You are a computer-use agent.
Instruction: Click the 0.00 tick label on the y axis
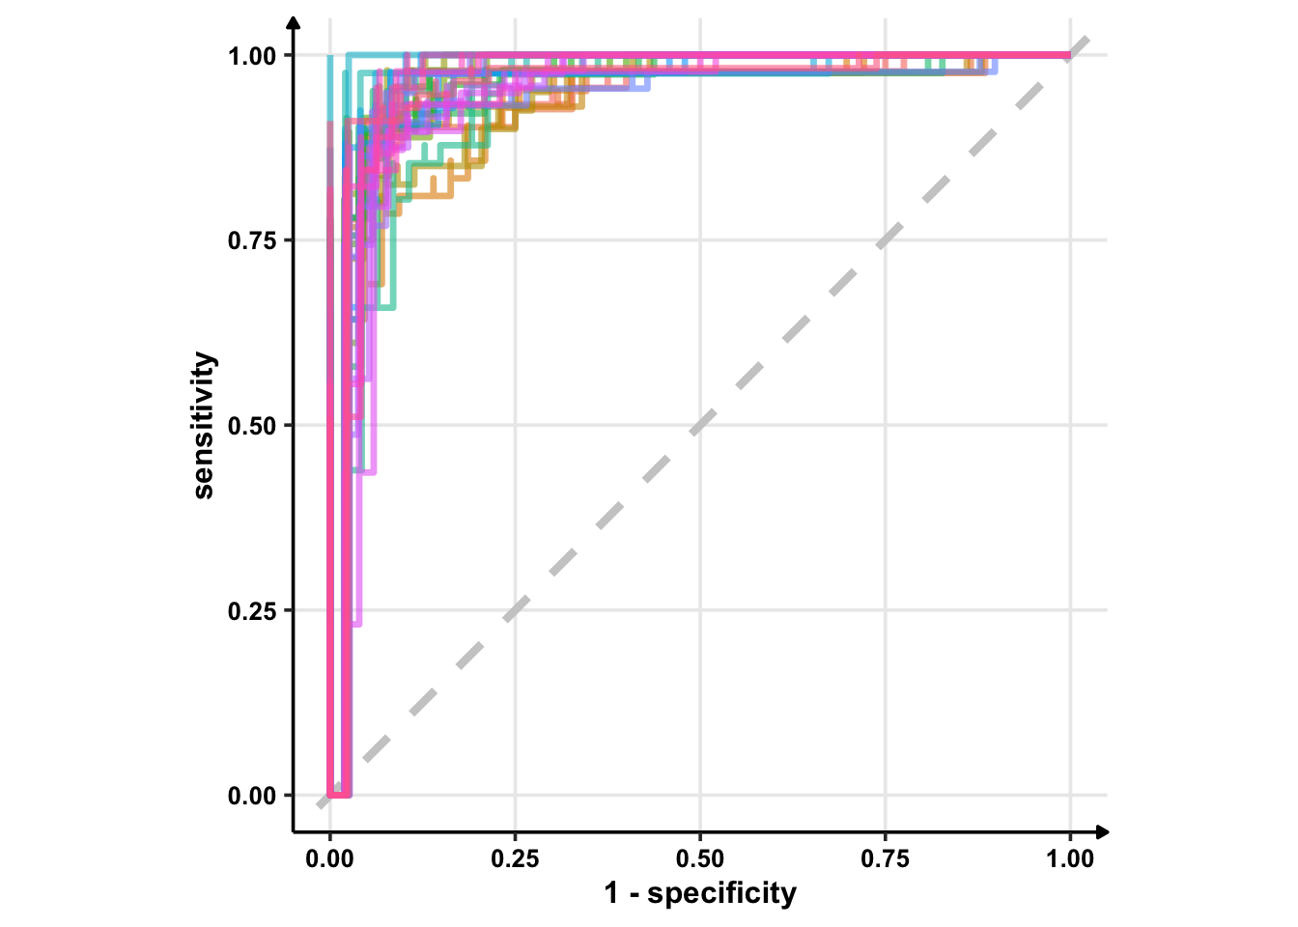[x=251, y=797]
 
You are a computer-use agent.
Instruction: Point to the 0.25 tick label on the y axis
[x=251, y=611]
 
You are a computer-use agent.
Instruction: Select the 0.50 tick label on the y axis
[x=251, y=426]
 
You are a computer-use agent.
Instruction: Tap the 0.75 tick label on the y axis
[x=251, y=240]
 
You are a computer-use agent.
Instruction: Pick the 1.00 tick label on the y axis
[x=251, y=56]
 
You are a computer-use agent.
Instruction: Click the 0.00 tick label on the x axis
[x=330, y=859]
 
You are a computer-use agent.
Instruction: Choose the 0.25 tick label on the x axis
[x=515, y=859]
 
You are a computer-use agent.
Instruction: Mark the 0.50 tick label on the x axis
[x=700, y=859]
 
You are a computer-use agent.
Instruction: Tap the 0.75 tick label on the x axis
[x=885, y=859]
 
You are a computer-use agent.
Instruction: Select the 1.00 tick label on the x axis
[x=1070, y=859]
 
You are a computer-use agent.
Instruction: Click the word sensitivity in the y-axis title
[x=204, y=425]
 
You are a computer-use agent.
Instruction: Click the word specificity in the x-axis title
[x=721, y=893]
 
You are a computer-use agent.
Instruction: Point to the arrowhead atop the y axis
[x=294, y=21]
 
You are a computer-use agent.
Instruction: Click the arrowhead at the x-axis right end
[x=1104, y=831]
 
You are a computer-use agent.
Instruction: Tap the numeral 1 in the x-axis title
[x=611, y=893]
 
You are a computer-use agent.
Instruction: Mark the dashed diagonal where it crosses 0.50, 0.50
[x=700, y=425]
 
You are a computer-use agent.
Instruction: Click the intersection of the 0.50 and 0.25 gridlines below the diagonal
[x=700, y=610]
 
